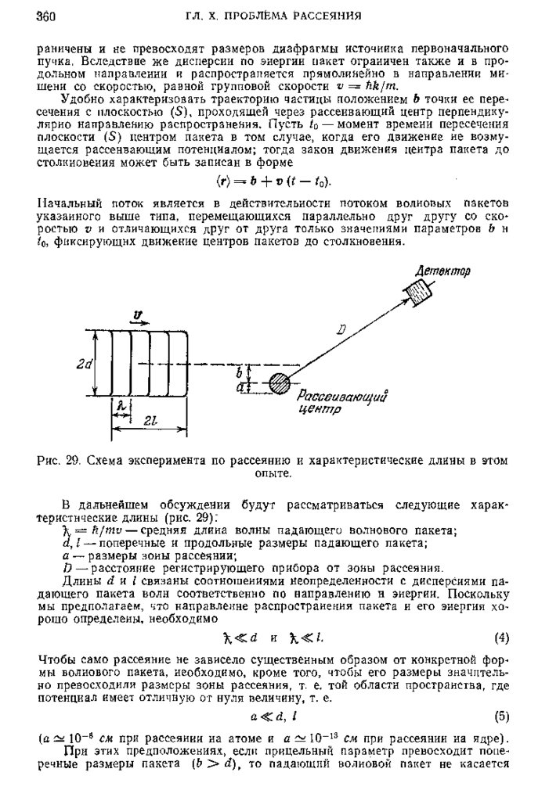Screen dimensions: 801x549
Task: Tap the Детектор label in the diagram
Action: pyautogui.click(x=442, y=271)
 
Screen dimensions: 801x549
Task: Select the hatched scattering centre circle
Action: pyautogui.click(x=278, y=383)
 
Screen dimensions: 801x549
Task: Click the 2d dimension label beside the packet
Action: pyautogui.click(x=85, y=363)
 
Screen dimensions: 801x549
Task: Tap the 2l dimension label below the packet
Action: pyautogui.click(x=150, y=420)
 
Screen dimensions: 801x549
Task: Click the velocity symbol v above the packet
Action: pyautogui.click(x=139, y=316)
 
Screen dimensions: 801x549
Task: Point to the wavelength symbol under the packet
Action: pyautogui.click(x=121, y=407)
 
